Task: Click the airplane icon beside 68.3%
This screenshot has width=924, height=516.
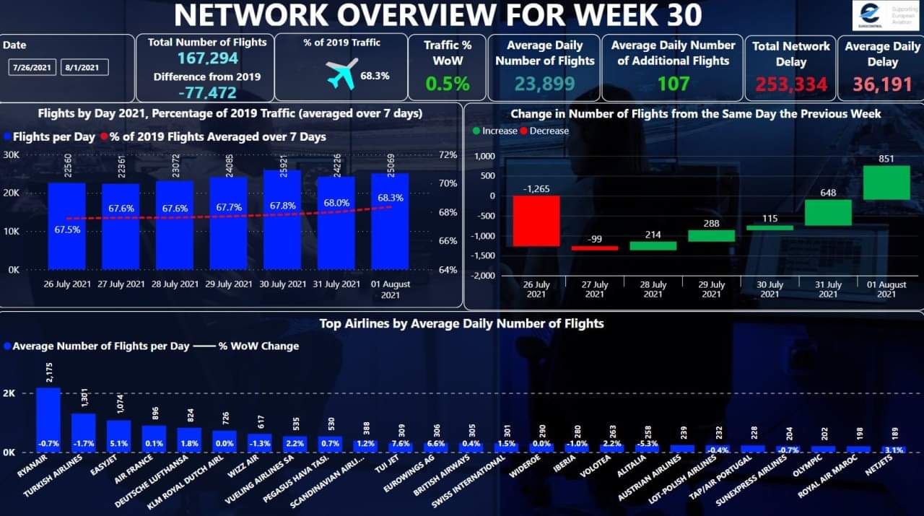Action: (341, 74)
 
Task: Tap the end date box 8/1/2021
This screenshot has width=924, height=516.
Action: (84, 67)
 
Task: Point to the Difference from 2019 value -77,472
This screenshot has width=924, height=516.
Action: (207, 92)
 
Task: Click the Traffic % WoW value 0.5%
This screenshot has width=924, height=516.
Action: (447, 84)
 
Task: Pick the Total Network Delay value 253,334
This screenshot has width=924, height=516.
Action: (791, 84)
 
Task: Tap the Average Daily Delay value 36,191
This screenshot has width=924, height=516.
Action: (882, 84)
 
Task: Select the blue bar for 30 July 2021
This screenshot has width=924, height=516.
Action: (282, 220)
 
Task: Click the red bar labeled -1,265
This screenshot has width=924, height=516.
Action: (536, 221)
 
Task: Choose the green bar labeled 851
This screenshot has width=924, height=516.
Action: (886, 183)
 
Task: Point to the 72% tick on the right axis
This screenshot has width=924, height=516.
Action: (448, 154)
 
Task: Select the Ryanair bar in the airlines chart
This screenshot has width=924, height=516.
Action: (48, 420)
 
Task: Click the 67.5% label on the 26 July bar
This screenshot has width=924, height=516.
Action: (67, 230)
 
